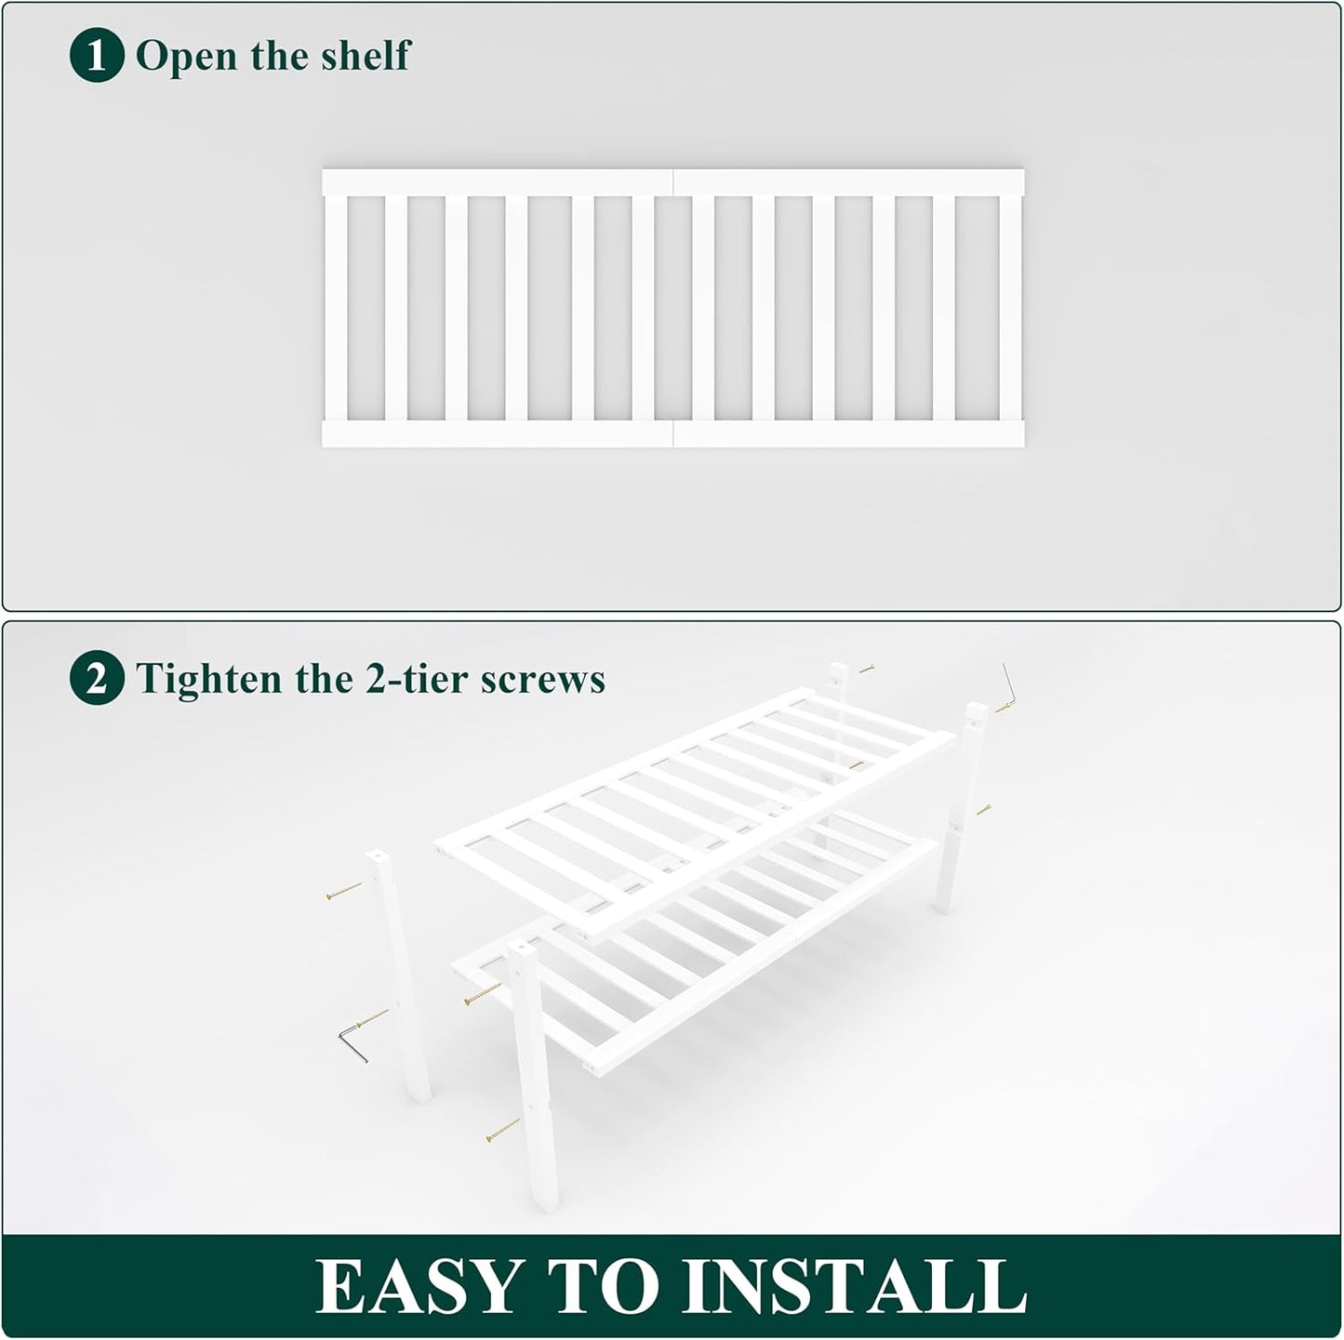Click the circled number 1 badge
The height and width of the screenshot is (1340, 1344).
pyautogui.click(x=97, y=56)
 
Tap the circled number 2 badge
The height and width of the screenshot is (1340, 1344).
pyautogui.click(x=97, y=680)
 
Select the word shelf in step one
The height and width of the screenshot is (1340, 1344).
pyautogui.click(x=365, y=56)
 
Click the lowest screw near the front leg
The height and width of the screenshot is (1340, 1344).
pyautogui.click(x=503, y=1131)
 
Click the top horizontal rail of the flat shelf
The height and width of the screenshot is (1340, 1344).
pyautogui.click(x=672, y=182)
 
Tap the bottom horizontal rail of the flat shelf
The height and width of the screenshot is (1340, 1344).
pyautogui.click(x=672, y=434)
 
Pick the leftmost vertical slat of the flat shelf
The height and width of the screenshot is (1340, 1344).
pyautogui.click(x=335, y=308)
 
